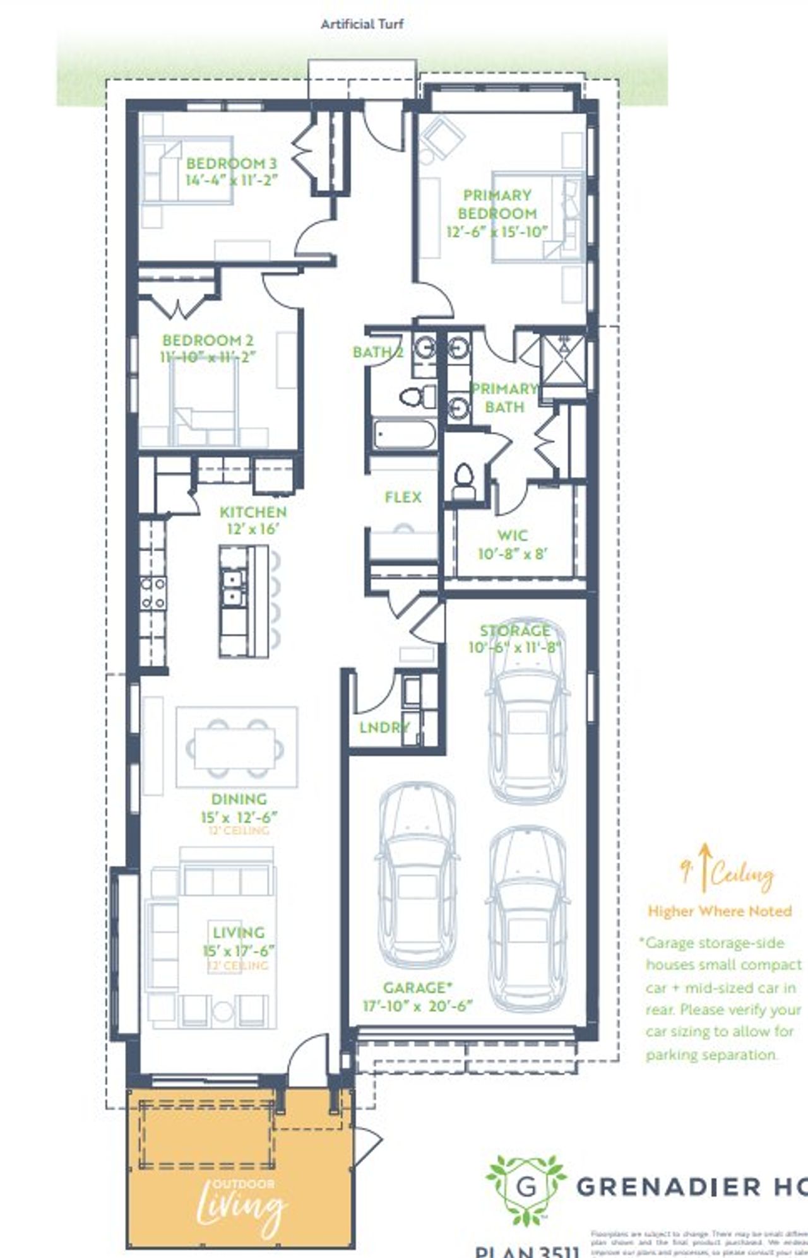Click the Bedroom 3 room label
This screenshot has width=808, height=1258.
tap(231, 163)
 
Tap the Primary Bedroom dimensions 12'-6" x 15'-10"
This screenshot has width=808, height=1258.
tap(497, 232)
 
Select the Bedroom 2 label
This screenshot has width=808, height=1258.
tap(208, 341)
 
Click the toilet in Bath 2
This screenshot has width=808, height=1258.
tap(417, 397)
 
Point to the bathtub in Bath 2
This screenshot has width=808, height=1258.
tap(404, 435)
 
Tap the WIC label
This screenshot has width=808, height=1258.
tap(512, 536)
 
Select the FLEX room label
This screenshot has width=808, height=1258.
tap(403, 498)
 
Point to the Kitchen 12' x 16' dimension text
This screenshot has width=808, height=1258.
tap(252, 529)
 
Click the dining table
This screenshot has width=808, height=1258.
tap(234, 748)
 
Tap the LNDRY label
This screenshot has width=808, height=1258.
tap(384, 727)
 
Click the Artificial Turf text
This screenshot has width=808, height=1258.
tap(362, 25)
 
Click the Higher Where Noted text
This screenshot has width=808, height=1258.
tap(719, 911)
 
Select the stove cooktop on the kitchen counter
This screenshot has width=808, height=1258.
tap(153, 593)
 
